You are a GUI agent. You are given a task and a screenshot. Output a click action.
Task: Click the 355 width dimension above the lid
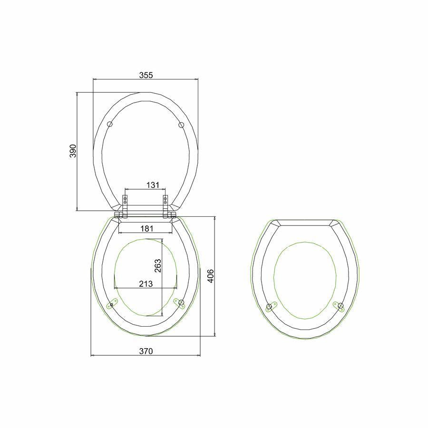point(146,75)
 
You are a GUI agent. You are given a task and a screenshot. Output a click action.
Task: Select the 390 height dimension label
point(73,151)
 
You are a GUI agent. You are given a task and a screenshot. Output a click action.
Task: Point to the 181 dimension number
point(147,229)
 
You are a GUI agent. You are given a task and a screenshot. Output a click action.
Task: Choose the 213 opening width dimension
point(146,284)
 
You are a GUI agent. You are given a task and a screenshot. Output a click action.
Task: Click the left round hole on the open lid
point(110,124)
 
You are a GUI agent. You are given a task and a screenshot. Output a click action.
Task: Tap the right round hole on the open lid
point(181,125)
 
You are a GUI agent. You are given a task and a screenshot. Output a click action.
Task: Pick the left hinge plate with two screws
point(126,202)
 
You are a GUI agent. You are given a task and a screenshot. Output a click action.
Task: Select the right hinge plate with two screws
point(165,202)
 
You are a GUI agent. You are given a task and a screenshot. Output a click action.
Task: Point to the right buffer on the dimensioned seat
point(180,303)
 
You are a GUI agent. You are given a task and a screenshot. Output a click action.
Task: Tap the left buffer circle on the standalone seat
point(269,307)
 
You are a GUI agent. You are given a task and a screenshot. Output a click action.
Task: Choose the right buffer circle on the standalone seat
point(340,305)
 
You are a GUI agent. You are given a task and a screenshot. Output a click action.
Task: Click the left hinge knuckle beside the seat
point(117,216)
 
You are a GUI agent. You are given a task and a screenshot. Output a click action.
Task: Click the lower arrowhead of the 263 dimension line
point(162,316)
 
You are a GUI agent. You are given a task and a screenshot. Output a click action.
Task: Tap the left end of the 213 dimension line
point(115,288)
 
